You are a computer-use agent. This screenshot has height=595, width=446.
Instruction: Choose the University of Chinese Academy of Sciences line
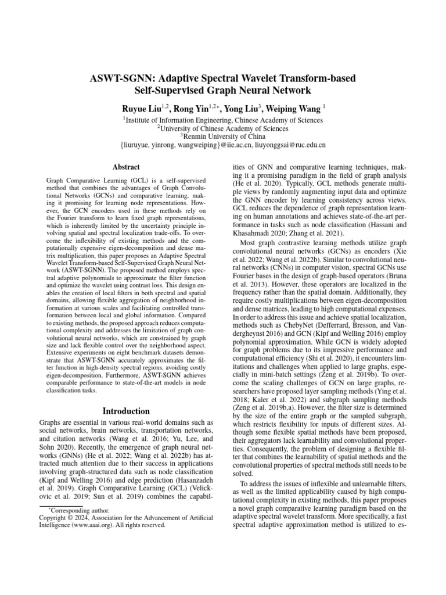pos(223,127)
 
